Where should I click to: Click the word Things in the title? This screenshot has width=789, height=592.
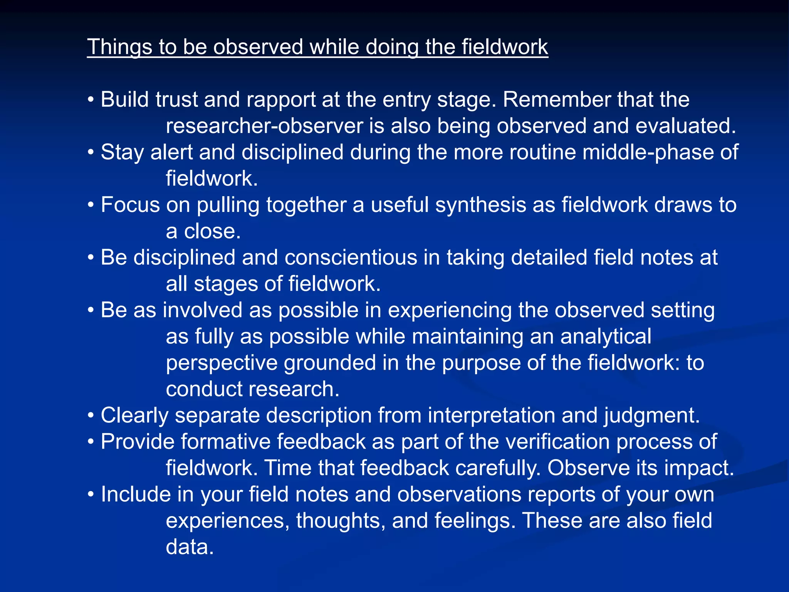[120, 47]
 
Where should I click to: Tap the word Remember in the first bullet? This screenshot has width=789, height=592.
[556, 99]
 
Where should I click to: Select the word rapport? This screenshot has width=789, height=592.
[281, 100]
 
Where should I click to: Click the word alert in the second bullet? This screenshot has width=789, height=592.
[171, 152]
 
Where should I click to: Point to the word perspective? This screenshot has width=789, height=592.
[222, 363]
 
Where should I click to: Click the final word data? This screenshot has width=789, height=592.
[190, 547]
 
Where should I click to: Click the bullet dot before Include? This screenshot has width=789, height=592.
[91, 495]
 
